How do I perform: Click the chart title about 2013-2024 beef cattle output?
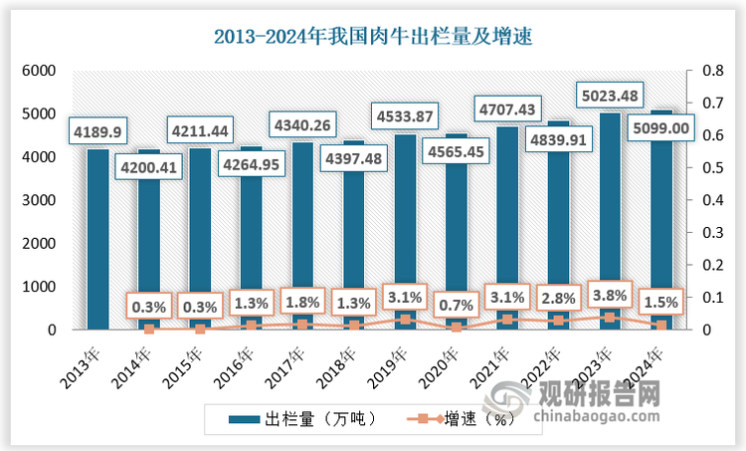tap(374, 38)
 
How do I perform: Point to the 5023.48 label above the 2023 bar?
tap(609, 97)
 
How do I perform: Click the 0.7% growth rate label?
tap(456, 301)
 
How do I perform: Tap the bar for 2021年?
tap(506, 229)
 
